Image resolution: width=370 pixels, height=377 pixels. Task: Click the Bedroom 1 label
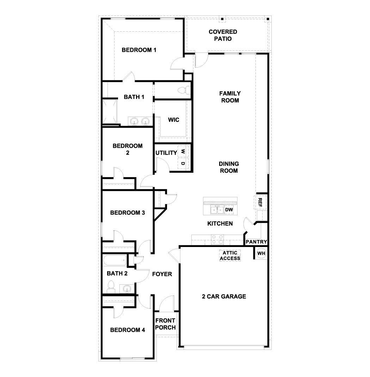[x=139, y=50]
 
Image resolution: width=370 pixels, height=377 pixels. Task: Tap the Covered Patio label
[x=223, y=35]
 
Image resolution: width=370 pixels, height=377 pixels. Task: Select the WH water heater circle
[x=261, y=253]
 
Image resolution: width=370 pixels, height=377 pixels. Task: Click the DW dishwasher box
[x=229, y=210]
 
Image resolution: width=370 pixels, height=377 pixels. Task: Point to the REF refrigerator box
[x=260, y=202]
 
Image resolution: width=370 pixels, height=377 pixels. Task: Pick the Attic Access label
[x=230, y=255]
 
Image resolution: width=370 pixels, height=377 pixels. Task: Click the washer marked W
[x=183, y=152]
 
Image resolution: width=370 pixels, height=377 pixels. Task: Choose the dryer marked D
[x=183, y=163]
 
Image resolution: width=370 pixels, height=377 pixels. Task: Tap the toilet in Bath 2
[x=111, y=286]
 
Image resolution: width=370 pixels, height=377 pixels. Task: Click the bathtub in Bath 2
[x=115, y=261]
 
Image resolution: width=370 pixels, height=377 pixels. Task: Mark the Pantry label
[x=256, y=242]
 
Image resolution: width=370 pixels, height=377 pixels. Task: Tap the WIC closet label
[x=173, y=120]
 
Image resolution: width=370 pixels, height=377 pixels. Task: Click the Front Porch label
[x=166, y=324]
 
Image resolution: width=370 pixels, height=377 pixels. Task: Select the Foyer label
[x=162, y=274]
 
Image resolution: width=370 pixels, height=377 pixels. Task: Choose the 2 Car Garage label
[x=224, y=296]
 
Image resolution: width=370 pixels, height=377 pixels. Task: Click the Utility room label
[x=166, y=153]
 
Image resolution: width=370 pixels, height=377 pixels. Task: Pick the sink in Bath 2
[x=127, y=289]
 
